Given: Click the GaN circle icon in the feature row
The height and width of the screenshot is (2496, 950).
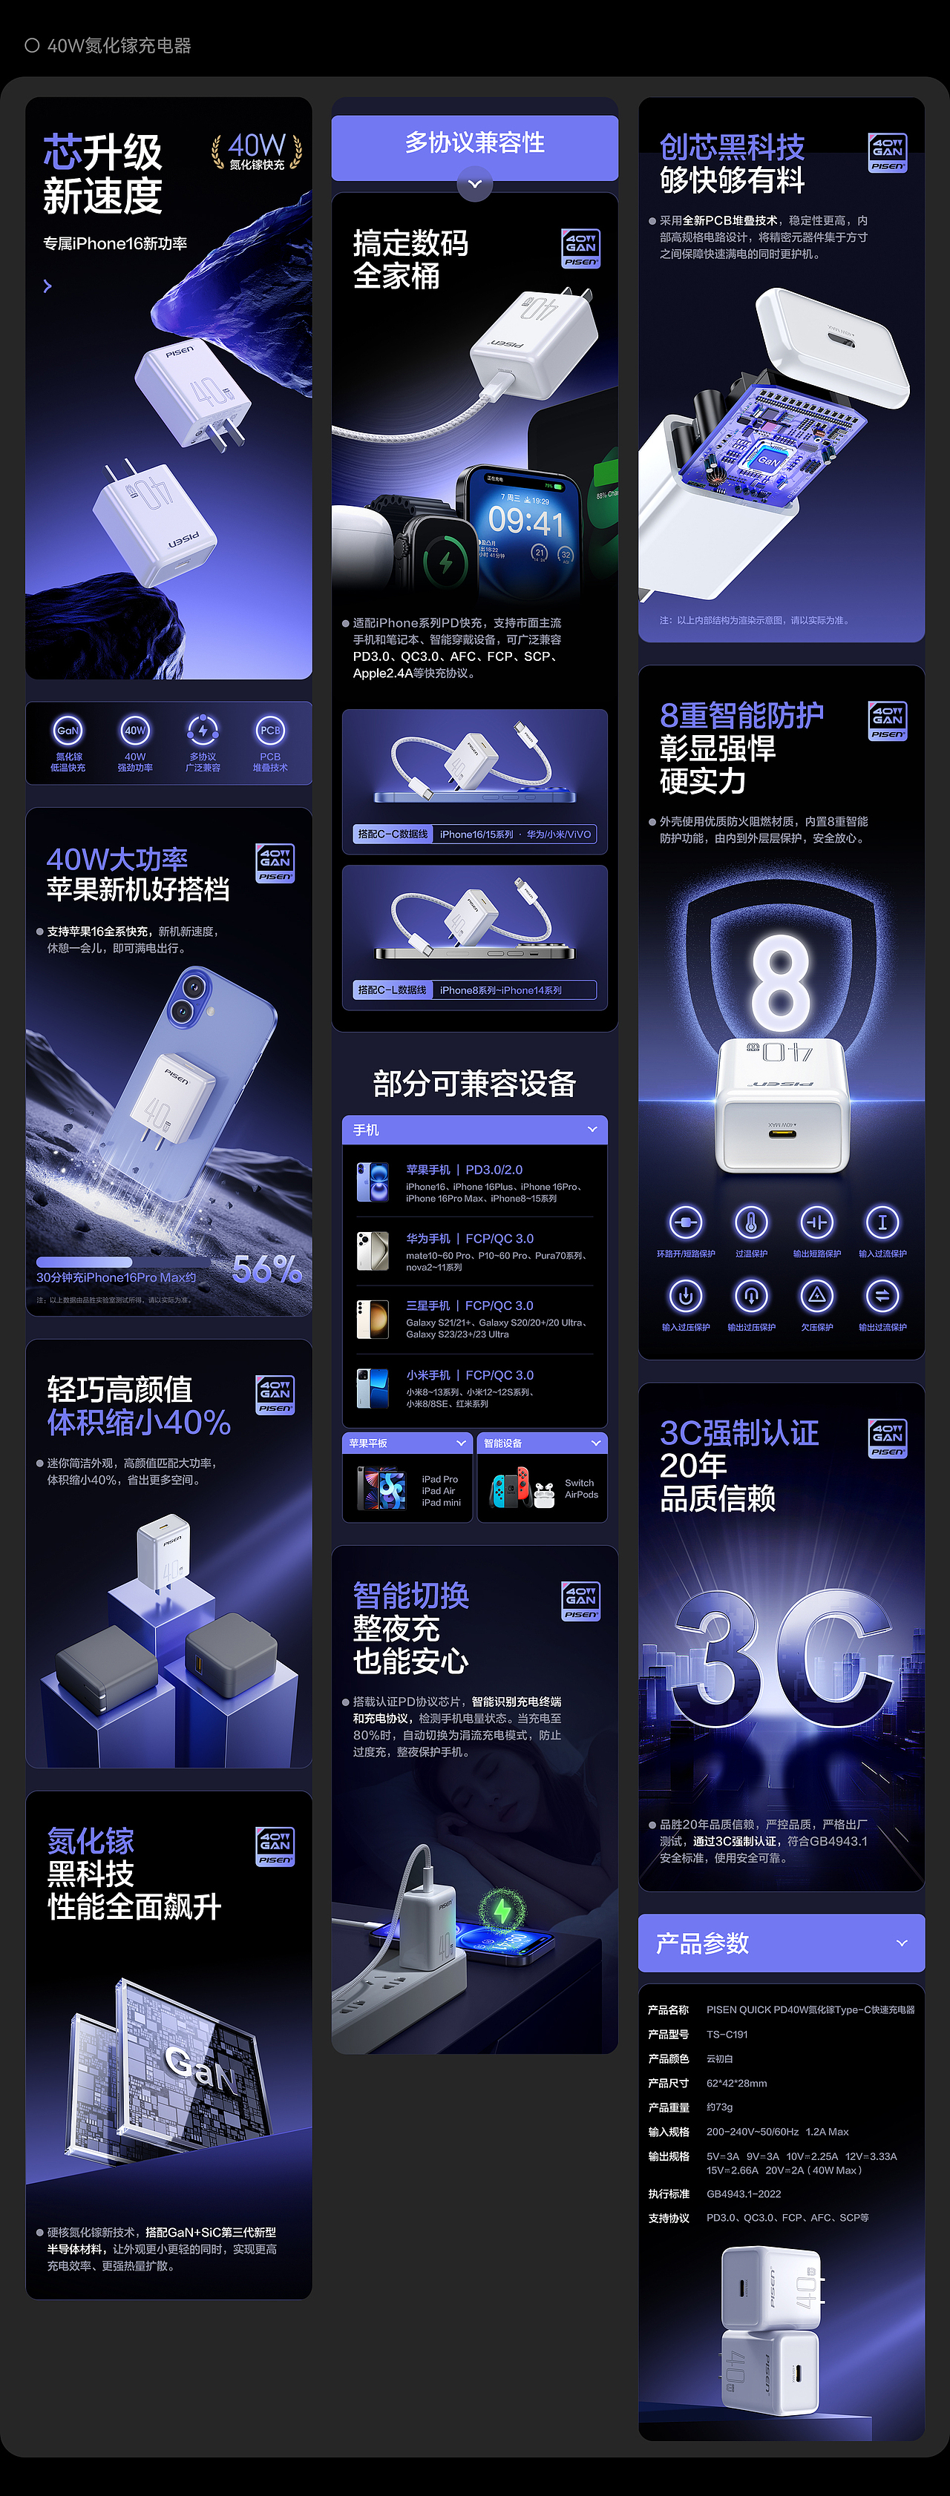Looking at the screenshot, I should pos(68,731).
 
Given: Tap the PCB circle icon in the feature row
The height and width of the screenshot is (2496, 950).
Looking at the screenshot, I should pos(269,731).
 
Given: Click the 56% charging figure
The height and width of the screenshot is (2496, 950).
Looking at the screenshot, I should pos(266,1269).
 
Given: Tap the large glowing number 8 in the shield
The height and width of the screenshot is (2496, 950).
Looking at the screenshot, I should pos(782,983).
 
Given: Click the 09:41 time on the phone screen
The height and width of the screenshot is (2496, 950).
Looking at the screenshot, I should pos(525,522).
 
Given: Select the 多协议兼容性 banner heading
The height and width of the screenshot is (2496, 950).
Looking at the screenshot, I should pos(475,143).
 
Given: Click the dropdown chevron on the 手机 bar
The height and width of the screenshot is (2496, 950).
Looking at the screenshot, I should pos(592,1130).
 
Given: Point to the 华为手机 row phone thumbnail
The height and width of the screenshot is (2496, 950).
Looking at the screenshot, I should pos(373,1251).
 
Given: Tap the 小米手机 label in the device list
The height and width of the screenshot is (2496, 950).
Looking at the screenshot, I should pos(428,1375).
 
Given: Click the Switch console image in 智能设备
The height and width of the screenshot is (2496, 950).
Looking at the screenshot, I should pos(509,1488).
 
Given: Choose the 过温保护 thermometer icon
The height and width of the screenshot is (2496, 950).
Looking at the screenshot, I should pos(751,1223).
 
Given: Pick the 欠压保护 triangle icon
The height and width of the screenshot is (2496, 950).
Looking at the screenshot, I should pos(817,1296).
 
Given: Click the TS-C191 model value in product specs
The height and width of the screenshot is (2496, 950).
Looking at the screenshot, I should pos(727,2035).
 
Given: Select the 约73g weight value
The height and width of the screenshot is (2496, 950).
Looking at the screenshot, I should pos(719,2107).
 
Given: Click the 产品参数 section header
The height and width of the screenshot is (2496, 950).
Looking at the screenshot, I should pos(703,1943).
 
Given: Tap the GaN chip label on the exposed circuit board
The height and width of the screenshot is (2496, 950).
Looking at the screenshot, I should pos(767,461).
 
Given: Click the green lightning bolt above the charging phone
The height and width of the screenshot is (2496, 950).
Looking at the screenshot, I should pos(502,1911).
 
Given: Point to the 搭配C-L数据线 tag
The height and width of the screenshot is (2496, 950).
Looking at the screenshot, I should pos(393,990).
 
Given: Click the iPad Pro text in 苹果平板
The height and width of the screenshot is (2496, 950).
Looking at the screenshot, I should pos(440,1480).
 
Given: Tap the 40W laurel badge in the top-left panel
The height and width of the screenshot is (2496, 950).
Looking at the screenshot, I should pos(257,151).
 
